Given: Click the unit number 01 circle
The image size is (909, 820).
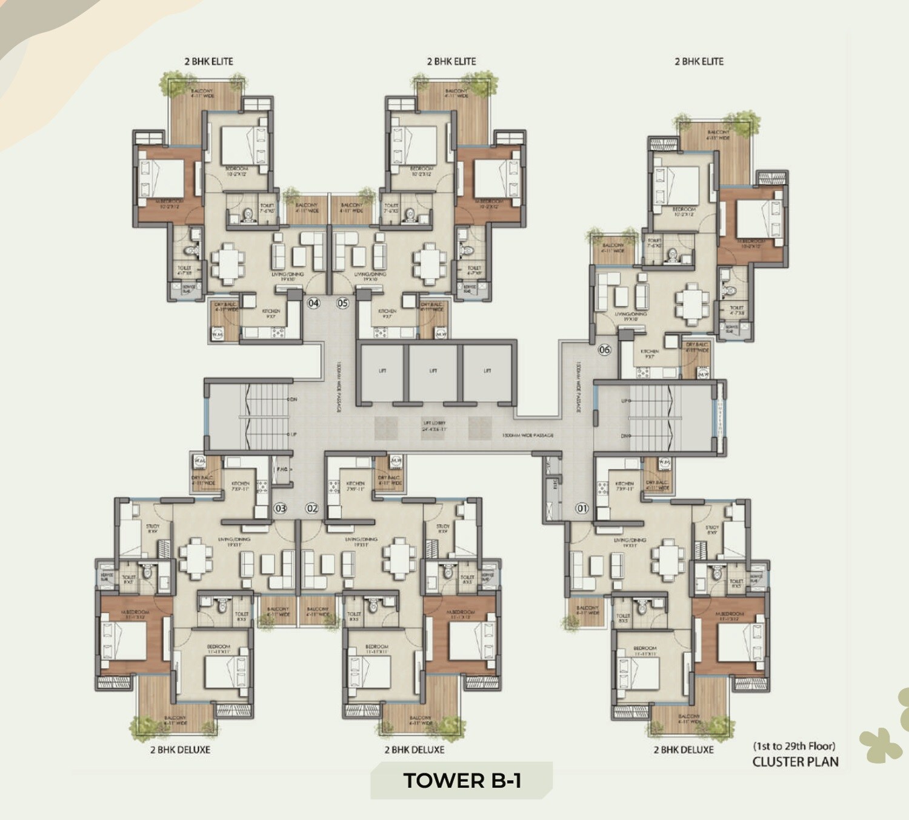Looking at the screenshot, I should (x=582, y=508).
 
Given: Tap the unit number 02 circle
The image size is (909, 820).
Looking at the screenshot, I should (x=312, y=508).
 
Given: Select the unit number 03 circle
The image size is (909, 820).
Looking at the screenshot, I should (x=281, y=508).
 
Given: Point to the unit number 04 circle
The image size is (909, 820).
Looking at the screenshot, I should (x=313, y=303).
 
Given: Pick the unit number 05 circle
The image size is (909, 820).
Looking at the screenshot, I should (x=343, y=303).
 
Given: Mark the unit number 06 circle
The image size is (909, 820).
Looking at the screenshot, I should (x=604, y=350).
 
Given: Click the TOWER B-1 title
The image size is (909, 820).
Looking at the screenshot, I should (x=462, y=781).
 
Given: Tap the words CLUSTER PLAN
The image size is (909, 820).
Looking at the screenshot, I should (x=795, y=762).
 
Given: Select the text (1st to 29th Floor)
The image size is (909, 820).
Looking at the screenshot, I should (x=794, y=746).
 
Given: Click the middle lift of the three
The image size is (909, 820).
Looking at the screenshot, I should (x=433, y=371).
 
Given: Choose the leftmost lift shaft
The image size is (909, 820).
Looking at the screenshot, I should (x=382, y=371).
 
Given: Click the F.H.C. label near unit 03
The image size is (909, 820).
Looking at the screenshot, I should (x=282, y=470).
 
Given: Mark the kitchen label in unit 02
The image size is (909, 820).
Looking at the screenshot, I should (x=355, y=486).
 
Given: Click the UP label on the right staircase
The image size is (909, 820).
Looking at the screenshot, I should (x=625, y=401).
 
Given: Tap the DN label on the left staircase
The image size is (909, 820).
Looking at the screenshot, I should (x=293, y=400).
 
